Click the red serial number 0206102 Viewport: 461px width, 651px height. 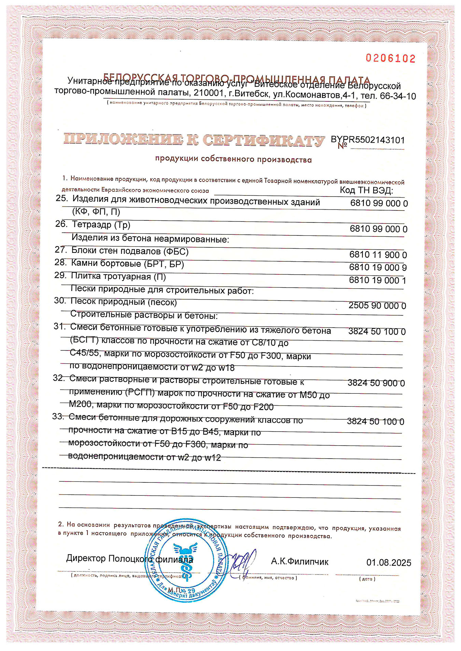tap(391, 58)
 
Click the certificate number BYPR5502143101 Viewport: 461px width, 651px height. tap(368, 140)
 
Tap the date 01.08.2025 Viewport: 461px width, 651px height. tap(389, 562)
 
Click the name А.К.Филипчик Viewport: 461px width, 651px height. tap(299, 561)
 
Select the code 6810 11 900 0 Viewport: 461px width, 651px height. tap(378, 255)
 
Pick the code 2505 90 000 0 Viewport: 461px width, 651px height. tap(377, 305)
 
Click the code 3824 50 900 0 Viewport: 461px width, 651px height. tap(376, 383)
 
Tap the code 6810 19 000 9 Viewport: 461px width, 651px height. tap(378, 267)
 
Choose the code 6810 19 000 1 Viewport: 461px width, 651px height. tap(377, 280)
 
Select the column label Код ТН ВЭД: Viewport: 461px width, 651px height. tap(366, 190)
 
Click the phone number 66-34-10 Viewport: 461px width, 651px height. tap(398, 96)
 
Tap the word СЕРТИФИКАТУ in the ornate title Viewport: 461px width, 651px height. tap(264, 140)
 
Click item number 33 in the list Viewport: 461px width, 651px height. tap(58, 416)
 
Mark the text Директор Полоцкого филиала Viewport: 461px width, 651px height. tap(129, 559)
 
